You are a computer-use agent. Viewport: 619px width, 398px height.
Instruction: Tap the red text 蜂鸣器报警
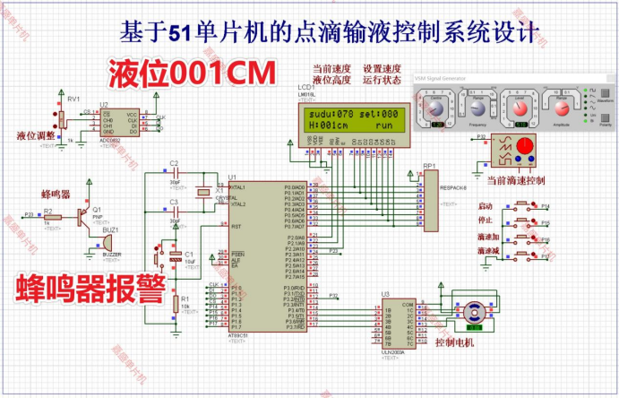pyautogui.click(x=91, y=290)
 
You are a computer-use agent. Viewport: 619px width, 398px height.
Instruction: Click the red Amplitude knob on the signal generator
pyautogui.click(x=562, y=108)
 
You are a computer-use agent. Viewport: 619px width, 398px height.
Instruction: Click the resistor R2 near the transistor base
pyautogui.click(x=52, y=216)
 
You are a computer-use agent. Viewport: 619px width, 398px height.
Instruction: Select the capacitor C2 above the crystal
pyautogui.click(x=176, y=170)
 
